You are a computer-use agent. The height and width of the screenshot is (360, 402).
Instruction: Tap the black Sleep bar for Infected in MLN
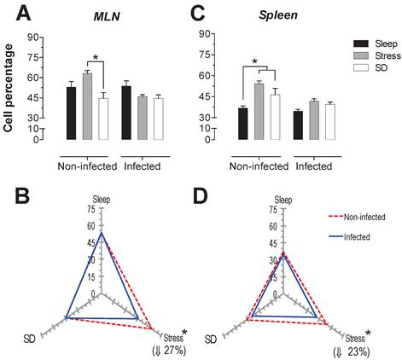(126, 112)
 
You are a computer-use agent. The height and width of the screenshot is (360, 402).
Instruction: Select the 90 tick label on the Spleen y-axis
(205, 34)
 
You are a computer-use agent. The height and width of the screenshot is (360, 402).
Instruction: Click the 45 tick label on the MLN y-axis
(35, 97)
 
